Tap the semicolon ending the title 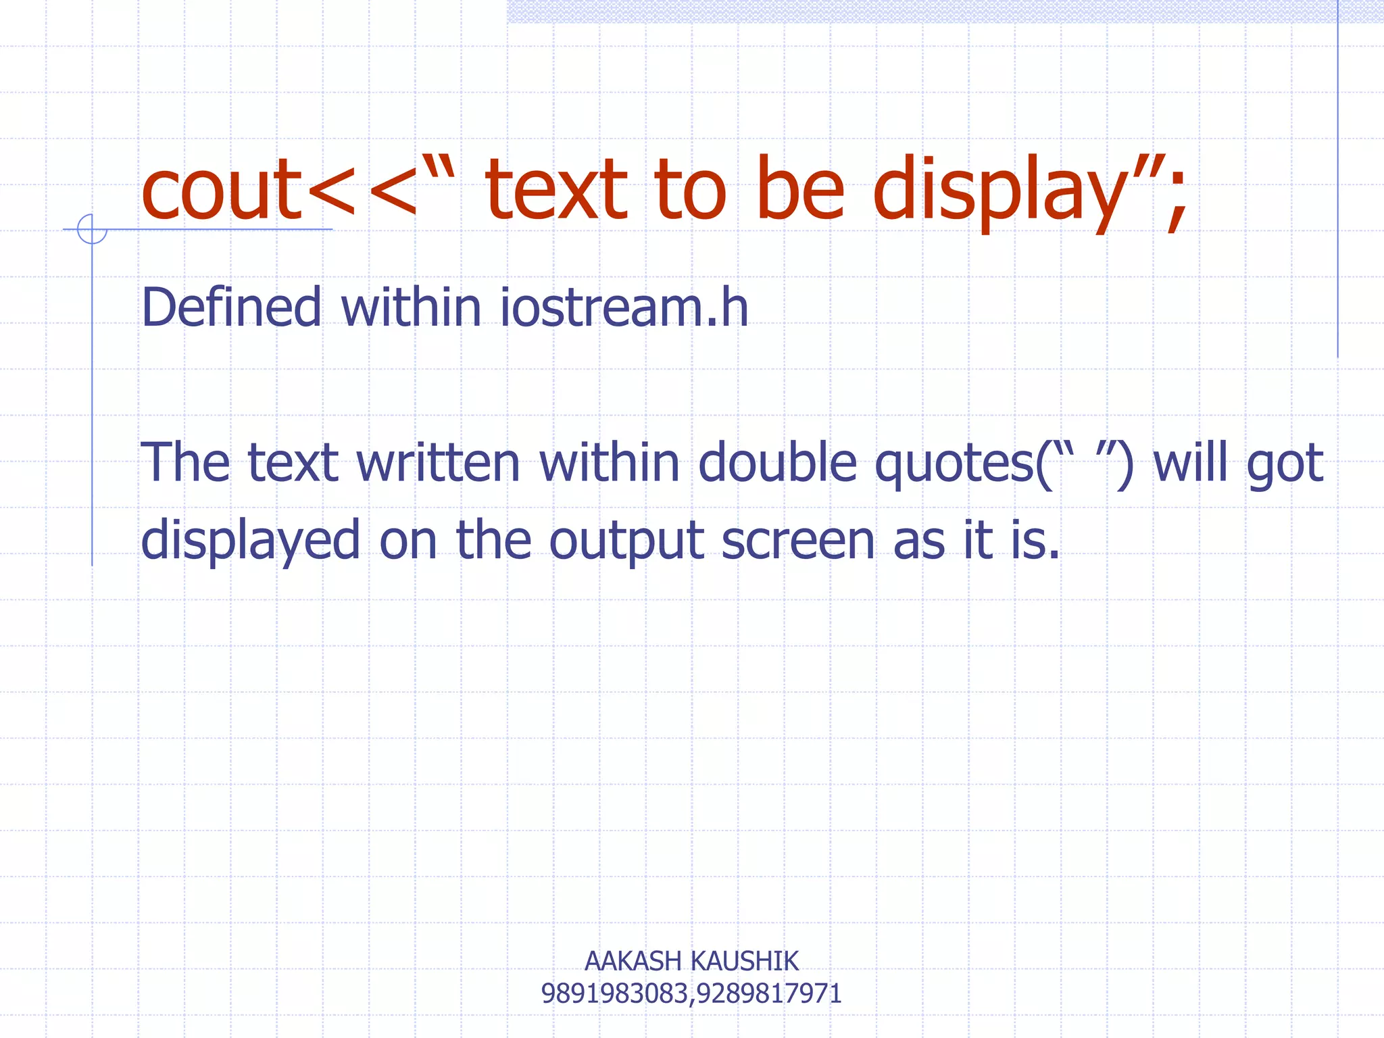point(1177,196)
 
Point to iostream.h point(624,307)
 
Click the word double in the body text point(777,463)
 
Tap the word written point(438,463)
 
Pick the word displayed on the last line point(250,541)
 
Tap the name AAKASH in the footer point(633,961)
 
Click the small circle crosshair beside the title point(92,229)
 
